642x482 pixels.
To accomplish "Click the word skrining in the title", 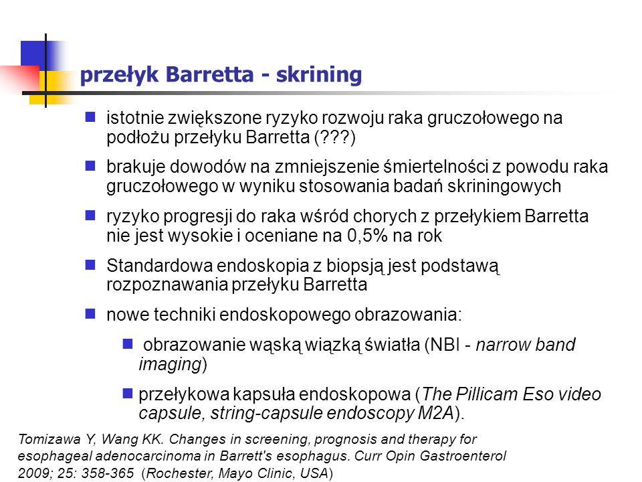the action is coord(319,75).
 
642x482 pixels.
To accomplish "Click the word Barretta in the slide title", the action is coord(210,74).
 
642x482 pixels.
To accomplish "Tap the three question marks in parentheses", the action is coord(335,137).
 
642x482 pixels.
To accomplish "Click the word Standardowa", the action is coord(159,266).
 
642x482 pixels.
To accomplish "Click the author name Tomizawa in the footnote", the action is coord(49,439).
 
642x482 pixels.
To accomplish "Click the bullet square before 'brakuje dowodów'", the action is coord(90,166).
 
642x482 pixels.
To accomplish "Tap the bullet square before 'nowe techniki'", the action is coord(90,314).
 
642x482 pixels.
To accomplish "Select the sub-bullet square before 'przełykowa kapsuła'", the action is coord(128,394).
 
